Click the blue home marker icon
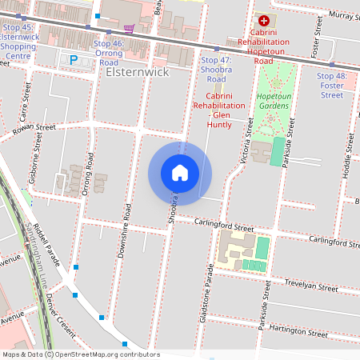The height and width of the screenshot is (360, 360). tap(180, 173)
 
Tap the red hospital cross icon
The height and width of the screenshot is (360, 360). tap(262, 20)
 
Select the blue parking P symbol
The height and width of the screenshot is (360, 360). tap(74, 59)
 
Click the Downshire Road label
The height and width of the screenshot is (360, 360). tap(126, 222)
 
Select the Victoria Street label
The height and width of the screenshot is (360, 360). tap(249, 136)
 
